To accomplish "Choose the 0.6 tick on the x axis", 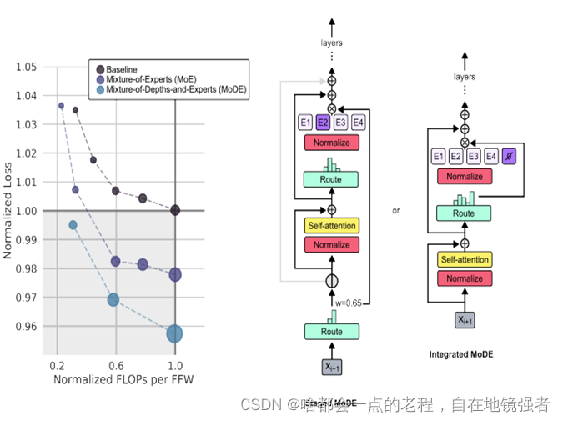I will [x=116, y=366].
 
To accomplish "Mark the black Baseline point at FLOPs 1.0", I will [x=175, y=210].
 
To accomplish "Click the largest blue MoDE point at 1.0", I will [x=174, y=333].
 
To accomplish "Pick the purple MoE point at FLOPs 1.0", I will [x=175, y=274].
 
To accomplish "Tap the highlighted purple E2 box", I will [x=323, y=123].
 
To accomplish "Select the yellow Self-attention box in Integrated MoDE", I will [x=465, y=259].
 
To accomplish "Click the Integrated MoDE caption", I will [x=461, y=354].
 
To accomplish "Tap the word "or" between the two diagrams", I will [x=396, y=211].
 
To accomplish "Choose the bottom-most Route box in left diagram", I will [x=331, y=332].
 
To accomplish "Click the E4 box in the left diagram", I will [x=358, y=123].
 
